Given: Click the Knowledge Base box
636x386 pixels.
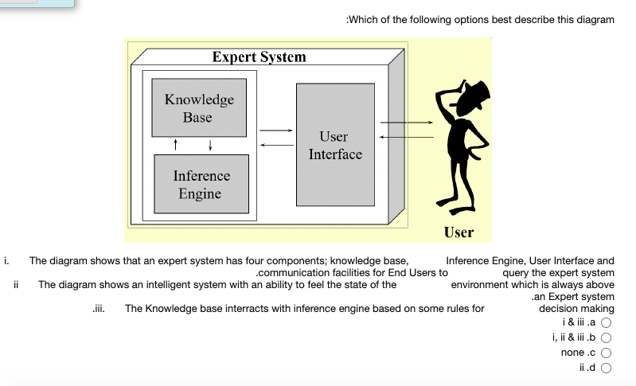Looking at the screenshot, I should (198, 108).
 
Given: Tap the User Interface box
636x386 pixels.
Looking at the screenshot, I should (335, 146).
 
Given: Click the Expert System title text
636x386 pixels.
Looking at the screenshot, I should (259, 57).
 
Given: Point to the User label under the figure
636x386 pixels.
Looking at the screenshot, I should (458, 232).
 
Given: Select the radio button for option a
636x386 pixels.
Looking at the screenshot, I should (606, 323).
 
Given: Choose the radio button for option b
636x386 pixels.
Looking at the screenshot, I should (606, 337).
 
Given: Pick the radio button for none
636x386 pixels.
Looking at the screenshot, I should (606, 353).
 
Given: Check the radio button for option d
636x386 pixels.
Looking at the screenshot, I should (606, 368).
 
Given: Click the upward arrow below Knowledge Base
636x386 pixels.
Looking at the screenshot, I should (176, 145).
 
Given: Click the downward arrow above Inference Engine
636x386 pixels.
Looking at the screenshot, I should (209, 145).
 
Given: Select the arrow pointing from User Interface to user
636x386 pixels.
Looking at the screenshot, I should (406, 123).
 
